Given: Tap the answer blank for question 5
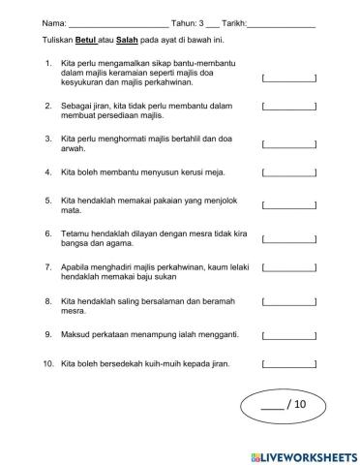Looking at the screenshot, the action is (x=289, y=204).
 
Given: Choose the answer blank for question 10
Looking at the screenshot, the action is (x=289, y=365).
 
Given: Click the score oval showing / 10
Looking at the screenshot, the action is (x=289, y=407).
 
